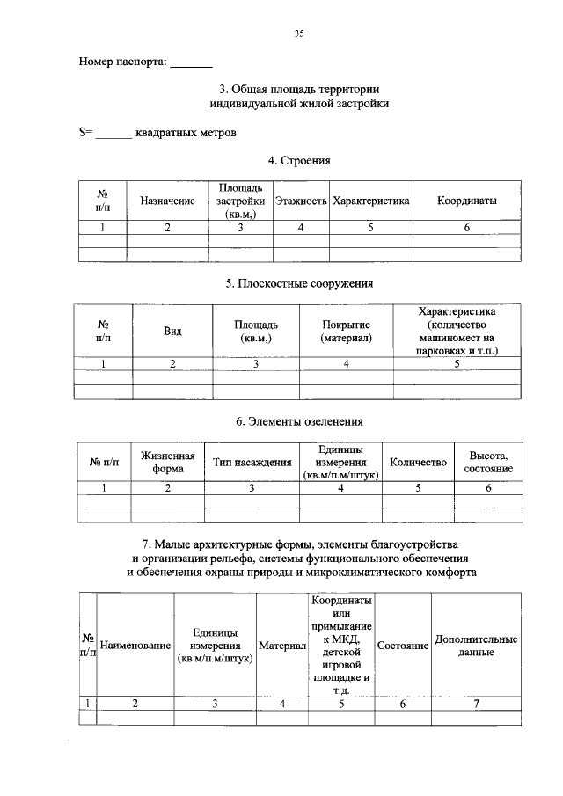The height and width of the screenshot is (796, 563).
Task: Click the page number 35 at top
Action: (x=298, y=33)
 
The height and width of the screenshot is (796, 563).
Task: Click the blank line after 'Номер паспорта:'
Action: (x=191, y=63)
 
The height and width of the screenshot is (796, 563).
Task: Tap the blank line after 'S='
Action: (x=113, y=134)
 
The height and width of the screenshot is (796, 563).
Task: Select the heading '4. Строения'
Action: (x=299, y=161)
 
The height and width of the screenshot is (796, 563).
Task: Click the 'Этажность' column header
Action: (x=301, y=201)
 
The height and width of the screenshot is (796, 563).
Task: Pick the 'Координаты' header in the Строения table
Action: (x=467, y=201)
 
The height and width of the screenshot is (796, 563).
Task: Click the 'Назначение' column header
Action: (x=167, y=201)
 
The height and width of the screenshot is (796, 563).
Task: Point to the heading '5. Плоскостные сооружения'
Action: (x=299, y=284)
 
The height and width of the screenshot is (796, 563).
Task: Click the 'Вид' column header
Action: (x=172, y=332)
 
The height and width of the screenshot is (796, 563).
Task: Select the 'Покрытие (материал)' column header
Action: (x=347, y=332)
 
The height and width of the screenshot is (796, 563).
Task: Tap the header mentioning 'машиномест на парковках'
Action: (x=457, y=332)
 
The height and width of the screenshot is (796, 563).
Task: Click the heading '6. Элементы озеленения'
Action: (x=299, y=422)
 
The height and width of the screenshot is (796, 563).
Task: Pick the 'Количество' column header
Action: (x=419, y=463)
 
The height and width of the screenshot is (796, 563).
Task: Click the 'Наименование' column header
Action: (x=135, y=646)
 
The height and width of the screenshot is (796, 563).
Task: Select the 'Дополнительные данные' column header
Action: (x=476, y=646)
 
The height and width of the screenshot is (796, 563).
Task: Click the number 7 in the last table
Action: (x=476, y=703)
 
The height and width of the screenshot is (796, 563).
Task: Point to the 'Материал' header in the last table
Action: (x=281, y=646)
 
